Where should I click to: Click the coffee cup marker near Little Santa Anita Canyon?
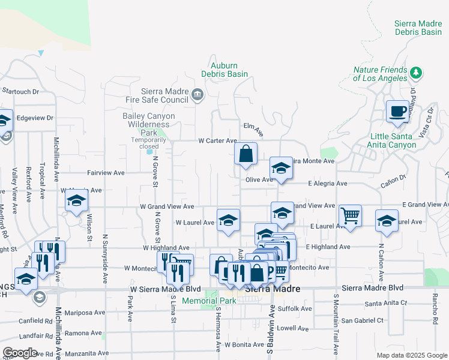click(x=397, y=112)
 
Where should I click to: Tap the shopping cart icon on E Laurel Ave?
click(x=350, y=215)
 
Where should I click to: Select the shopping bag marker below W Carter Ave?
click(x=246, y=154)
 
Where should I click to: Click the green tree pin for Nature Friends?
click(x=416, y=73)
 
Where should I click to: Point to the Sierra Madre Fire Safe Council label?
click(x=157, y=95)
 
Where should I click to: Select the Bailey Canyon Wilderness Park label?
click(x=148, y=124)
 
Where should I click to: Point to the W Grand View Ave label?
click(x=167, y=206)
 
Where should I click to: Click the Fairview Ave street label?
click(x=106, y=172)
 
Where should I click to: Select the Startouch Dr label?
click(x=20, y=92)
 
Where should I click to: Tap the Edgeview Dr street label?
click(x=35, y=118)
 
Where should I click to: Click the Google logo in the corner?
click(x=20, y=353)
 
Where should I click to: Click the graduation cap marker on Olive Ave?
click(x=280, y=169)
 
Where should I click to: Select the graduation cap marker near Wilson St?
click(x=77, y=202)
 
